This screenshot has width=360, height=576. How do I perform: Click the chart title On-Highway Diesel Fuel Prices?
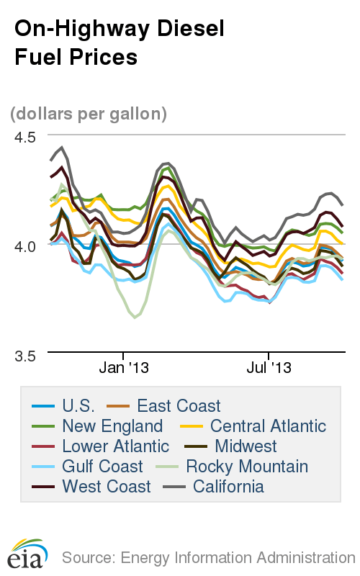[x=120, y=42]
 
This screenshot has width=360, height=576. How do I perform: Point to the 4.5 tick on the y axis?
[x=25, y=135]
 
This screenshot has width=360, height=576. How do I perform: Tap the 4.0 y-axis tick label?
[x=25, y=245]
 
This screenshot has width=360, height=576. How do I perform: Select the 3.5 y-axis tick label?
[x=25, y=354]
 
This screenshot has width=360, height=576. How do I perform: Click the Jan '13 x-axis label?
[x=124, y=368]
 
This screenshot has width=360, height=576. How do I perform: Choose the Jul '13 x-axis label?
[x=268, y=368]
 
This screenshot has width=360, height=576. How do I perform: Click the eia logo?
[x=28, y=555]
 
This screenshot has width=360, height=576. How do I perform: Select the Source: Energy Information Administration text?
[x=208, y=557]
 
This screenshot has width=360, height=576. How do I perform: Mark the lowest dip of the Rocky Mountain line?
[x=135, y=317]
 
